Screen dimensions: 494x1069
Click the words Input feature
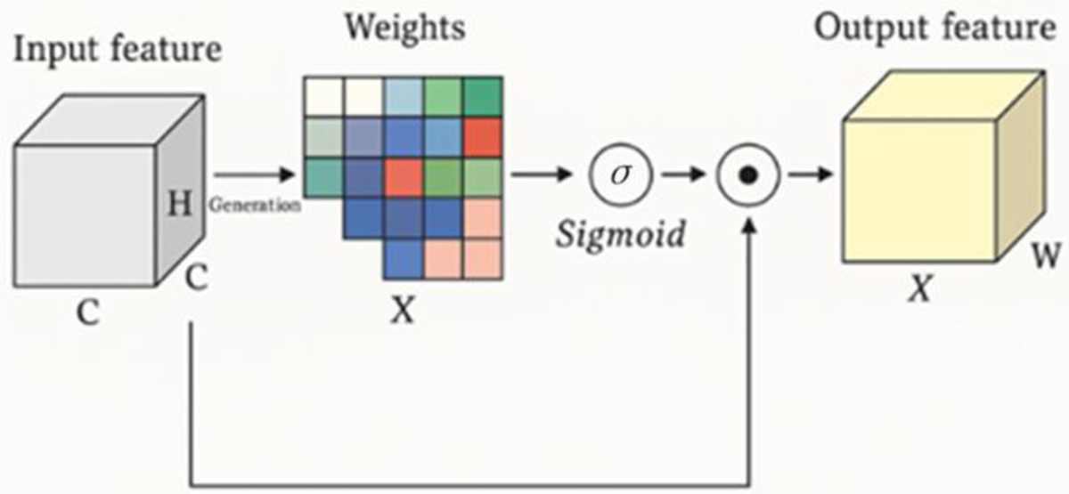[x=117, y=51]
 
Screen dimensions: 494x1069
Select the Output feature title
[x=934, y=28]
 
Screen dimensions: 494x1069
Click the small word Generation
[x=256, y=204]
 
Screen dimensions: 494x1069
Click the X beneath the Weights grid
[x=404, y=312]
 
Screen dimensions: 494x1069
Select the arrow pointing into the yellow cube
[x=811, y=176]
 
